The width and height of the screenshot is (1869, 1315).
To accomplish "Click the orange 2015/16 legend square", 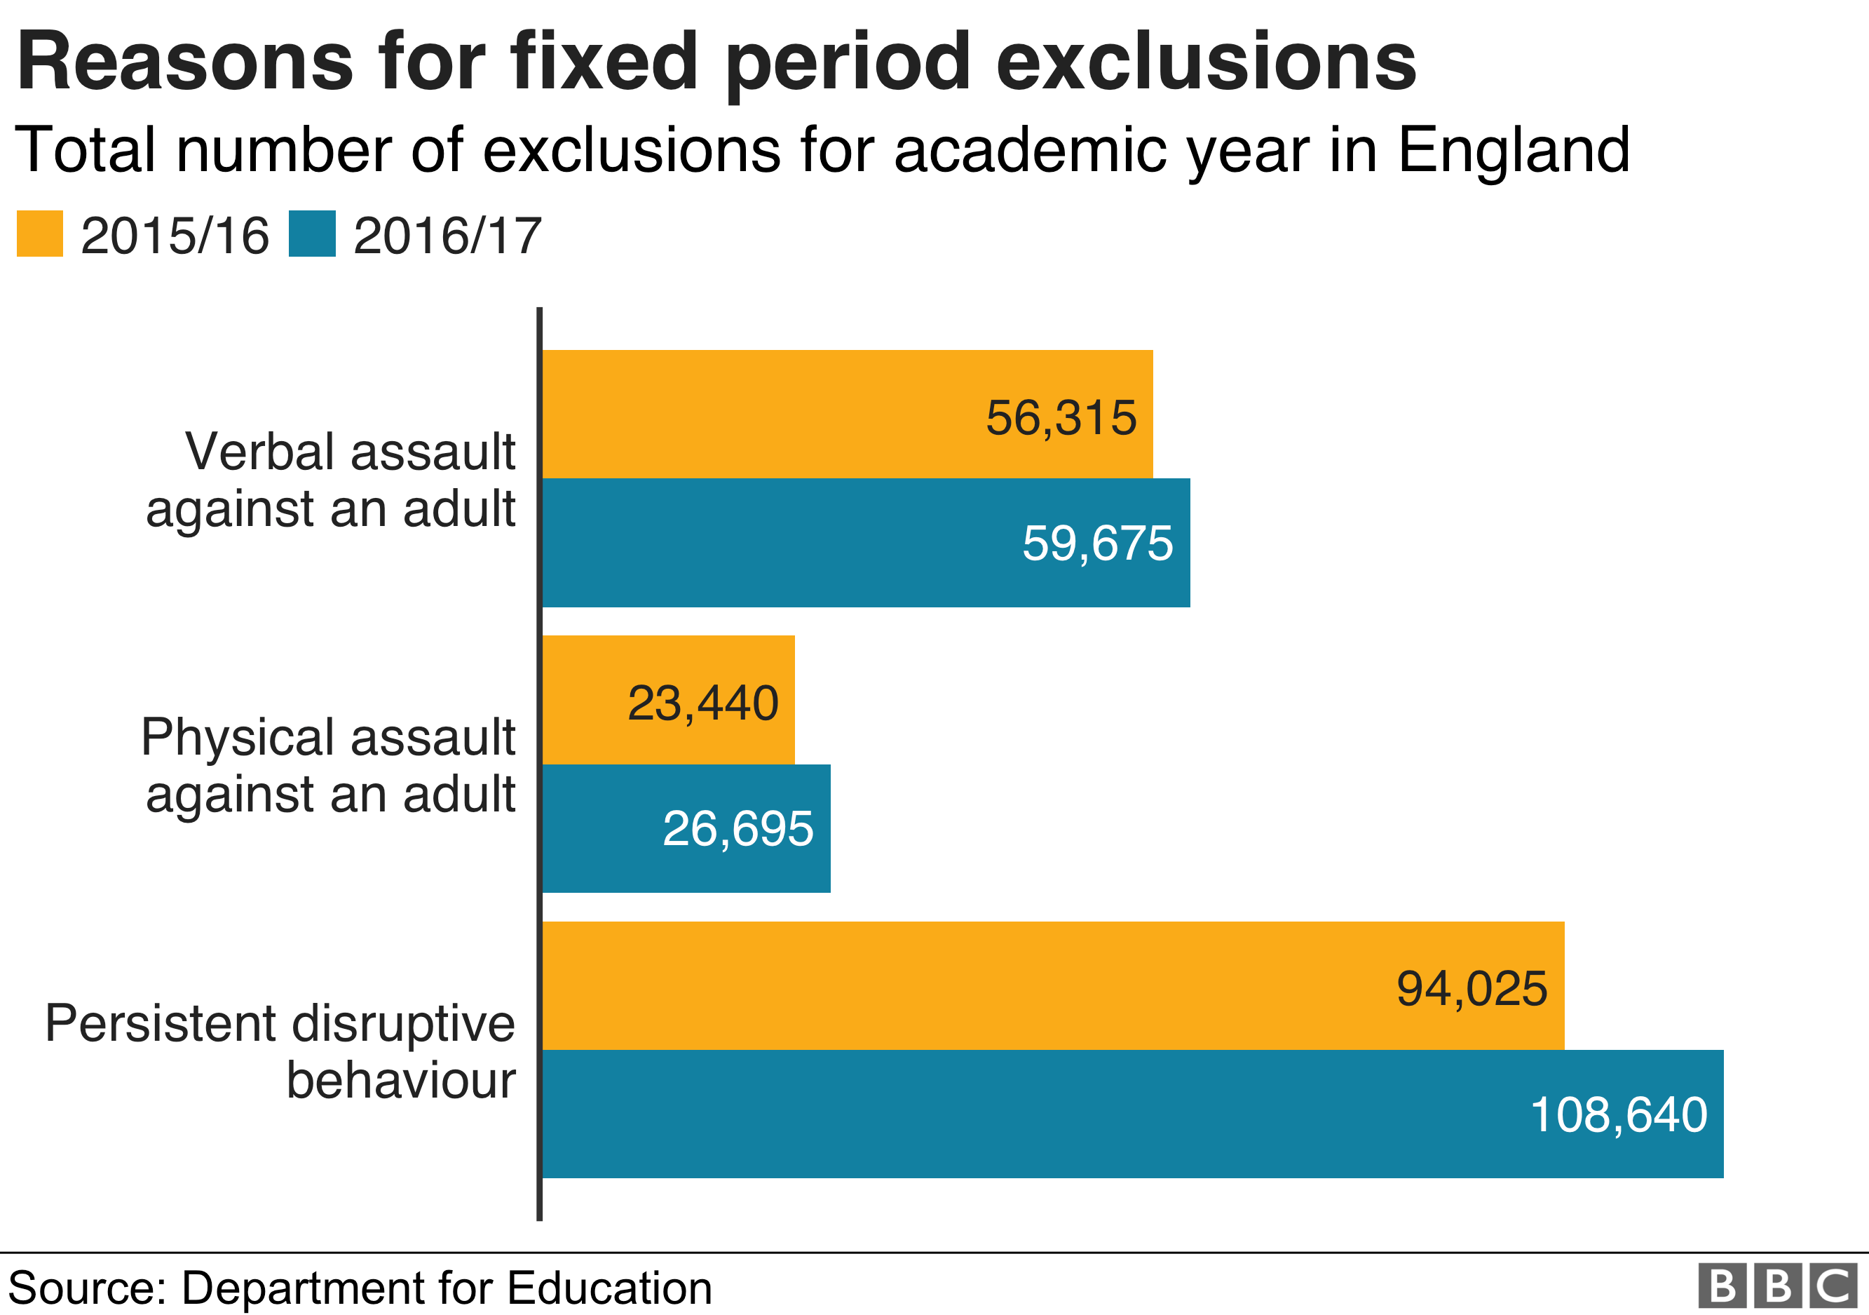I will [40, 234].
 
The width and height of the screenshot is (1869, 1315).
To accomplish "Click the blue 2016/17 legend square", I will [312, 234].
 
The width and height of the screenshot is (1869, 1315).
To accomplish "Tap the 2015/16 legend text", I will [175, 236].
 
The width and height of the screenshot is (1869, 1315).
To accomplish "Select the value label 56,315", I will [1061, 418].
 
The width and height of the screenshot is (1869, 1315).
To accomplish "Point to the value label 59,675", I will [1097, 543].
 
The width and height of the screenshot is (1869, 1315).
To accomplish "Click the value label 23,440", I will [702, 703].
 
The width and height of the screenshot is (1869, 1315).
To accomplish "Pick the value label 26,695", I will [738, 829].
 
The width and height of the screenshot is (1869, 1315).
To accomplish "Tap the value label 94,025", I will [1472, 990].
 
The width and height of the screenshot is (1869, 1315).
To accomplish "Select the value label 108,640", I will [1618, 1114].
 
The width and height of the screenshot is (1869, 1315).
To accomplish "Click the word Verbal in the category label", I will [259, 451].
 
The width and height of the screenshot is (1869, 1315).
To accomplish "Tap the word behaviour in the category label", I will [401, 1081].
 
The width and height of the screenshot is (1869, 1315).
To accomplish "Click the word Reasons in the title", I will [185, 62].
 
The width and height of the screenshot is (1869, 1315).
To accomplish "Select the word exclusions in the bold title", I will [1207, 62].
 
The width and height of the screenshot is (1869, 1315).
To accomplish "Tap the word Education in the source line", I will [609, 1288].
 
